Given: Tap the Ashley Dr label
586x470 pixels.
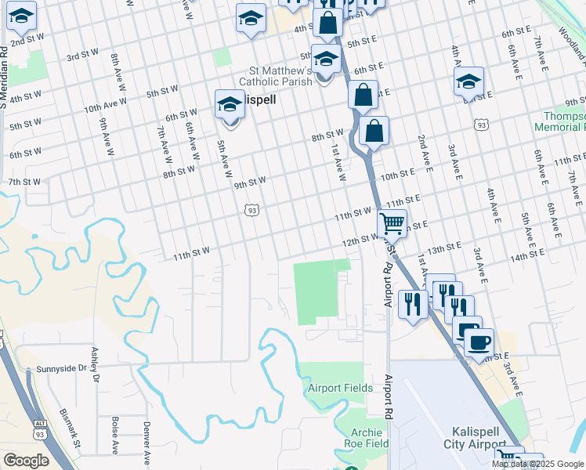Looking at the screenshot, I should click(96, 365).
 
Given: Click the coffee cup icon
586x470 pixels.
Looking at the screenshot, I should click(479, 342).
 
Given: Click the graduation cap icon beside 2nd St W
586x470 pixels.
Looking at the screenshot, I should click(22, 16).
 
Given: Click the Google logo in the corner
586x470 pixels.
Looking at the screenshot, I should click(26, 461).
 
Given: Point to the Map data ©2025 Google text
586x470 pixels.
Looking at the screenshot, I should click(537, 464).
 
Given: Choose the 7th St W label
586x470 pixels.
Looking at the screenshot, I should click(24, 182).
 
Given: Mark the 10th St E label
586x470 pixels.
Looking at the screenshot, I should click(397, 173).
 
